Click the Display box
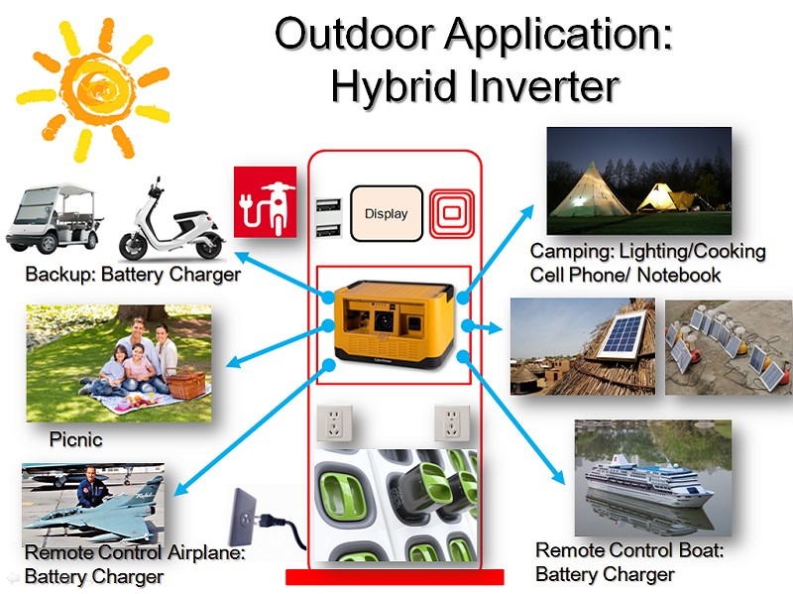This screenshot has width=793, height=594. click(387, 213)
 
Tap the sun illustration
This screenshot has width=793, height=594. click(94, 90)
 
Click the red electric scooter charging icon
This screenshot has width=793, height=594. click(265, 202)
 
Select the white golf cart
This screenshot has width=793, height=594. click(54, 218)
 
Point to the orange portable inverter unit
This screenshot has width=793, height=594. click(394, 322)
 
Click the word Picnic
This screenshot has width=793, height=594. click(76, 439)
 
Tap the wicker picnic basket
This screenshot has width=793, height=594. click(185, 385)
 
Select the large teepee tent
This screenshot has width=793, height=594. click(589, 189)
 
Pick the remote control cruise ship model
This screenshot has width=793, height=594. click(649, 481)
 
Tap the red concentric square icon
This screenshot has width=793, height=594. click(452, 213)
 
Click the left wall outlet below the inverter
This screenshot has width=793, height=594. click(333, 423)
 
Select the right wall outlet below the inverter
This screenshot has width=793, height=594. click(452, 423)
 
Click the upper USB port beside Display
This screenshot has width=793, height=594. click(328, 205)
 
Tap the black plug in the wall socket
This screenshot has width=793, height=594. click(279, 527)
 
